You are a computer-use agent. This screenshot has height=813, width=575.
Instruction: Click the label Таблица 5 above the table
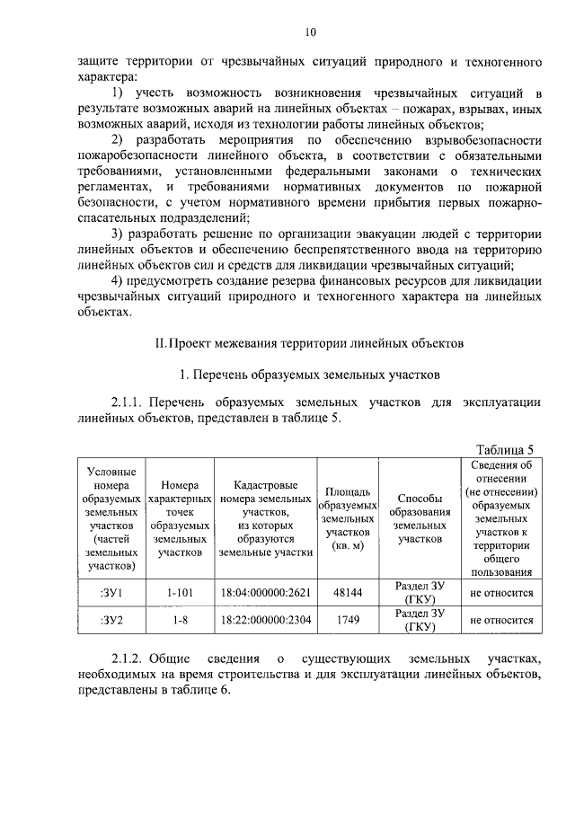(x=506, y=450)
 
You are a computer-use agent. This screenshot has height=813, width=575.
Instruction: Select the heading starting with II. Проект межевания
(x=310, y=343)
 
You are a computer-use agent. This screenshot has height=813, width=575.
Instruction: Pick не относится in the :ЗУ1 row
(x=501, y=593)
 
